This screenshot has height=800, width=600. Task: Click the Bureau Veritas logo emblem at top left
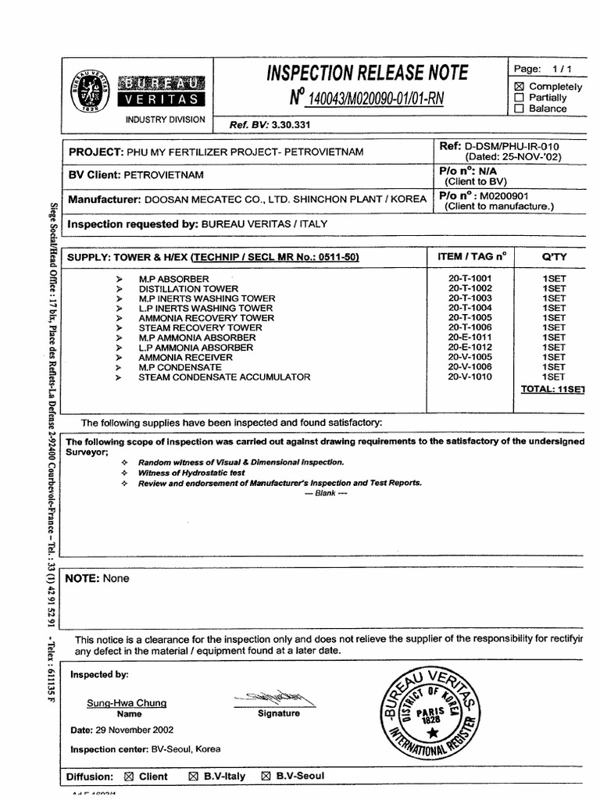click(x=91, y=92)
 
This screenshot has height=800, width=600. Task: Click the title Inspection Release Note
click(x=367, y=73)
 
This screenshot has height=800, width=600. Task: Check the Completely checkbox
click(x=519, y=87)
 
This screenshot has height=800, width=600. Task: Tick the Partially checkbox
click(x=519, y=98)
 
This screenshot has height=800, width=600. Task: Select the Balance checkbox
click(x=519, y=109)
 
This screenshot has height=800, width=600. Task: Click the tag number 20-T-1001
click(x=470, y=279)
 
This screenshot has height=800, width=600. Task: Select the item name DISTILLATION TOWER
click(x=188, y=289)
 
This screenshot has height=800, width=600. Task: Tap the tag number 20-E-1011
click(x=470, y=337)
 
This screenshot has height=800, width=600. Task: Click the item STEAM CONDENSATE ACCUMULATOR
click(x=224, y=377)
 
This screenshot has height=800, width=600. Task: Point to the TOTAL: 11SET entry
click(x=552, y=388)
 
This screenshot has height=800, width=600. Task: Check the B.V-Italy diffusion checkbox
click(x=193, y=777)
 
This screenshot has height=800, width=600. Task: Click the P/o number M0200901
click(x=505, y=196)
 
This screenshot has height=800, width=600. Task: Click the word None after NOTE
click(x=116, y=579)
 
